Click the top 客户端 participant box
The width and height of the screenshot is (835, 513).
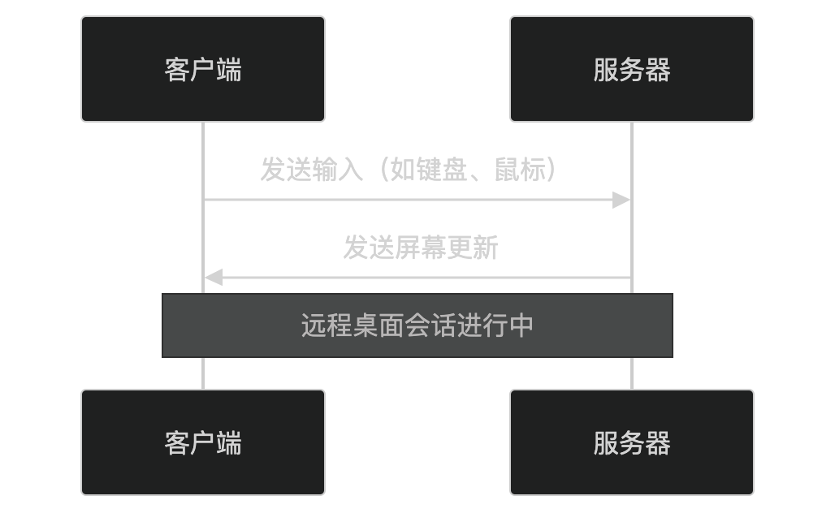click(x=203, y=69)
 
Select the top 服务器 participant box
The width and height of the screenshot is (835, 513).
click(x=632, y=69)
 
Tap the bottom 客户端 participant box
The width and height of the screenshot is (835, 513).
click(x=203, y=442)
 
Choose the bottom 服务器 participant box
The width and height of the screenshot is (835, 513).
click(x=632, y=442)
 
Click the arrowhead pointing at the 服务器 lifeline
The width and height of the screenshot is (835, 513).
click(x=622, y=200)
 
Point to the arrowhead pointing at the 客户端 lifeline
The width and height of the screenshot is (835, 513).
click(x=213, y=278)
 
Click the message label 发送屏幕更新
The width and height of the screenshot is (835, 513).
click(x=420, y=248)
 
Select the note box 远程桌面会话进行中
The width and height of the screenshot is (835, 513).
click(x=417, y=325)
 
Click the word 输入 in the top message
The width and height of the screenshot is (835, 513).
click(x=338, y=170)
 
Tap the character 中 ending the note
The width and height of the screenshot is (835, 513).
click(x=521, y=325)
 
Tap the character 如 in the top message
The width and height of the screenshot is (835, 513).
click(x=403, y=170)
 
